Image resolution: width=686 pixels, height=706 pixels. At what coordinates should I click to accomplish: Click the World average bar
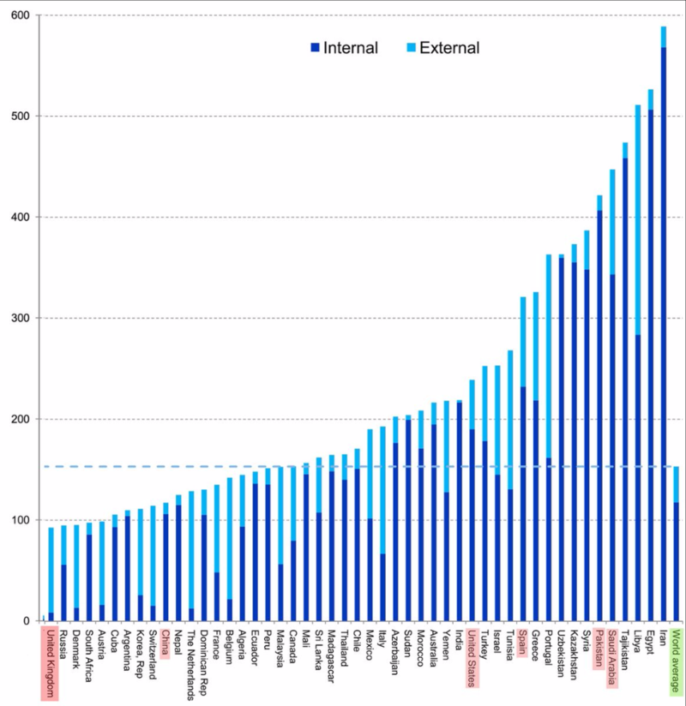[x=676, y=548]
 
